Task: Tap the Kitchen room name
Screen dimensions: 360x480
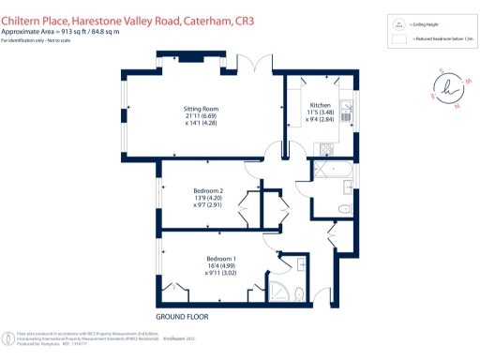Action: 321,105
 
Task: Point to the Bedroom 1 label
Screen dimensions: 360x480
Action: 221,257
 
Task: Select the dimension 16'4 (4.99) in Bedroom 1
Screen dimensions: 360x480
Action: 221,265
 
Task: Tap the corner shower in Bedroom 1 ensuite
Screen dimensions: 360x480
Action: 282,289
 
